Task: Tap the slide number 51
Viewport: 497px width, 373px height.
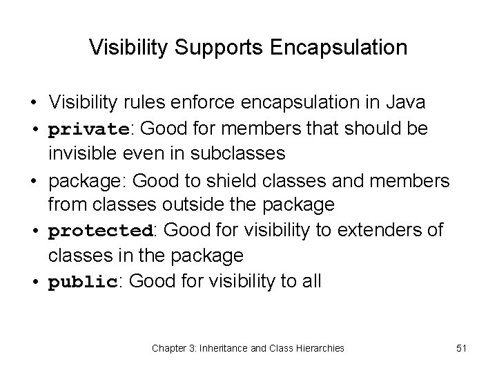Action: click(461, 348)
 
